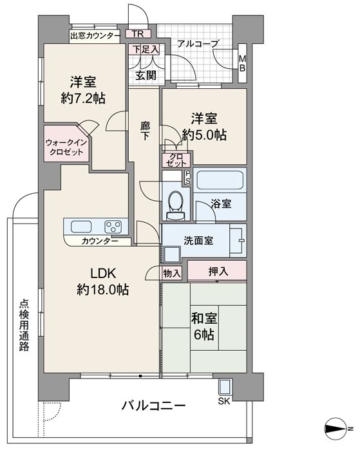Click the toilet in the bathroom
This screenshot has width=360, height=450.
tap(176, 205)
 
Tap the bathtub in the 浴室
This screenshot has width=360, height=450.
tap(220, 180)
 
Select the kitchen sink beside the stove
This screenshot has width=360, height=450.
tap(81, 227)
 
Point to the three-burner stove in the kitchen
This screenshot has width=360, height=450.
tap(113, 227)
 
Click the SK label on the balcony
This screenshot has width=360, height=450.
tap(224, 401)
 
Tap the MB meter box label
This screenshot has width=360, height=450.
tap(243, 64)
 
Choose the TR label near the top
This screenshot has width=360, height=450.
tap(138, 33)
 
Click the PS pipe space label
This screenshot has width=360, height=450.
tap(188, 178)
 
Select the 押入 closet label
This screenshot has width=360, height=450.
tap(218, 271)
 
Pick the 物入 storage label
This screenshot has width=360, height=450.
tap(172, 273)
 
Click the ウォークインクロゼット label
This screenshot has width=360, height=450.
tap(66, 147)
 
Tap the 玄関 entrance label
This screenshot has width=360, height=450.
tap(146, 75)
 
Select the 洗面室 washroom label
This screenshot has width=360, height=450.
tap(198, 241)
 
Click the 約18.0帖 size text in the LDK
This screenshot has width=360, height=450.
tap(102, 290)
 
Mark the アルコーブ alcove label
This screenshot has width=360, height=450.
tap(198, 44)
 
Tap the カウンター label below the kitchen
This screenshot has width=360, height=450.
tap(100, 241)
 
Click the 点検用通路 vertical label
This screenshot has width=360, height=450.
tap(24, 325)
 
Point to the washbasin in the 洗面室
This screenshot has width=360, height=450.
tap(238, 240)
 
